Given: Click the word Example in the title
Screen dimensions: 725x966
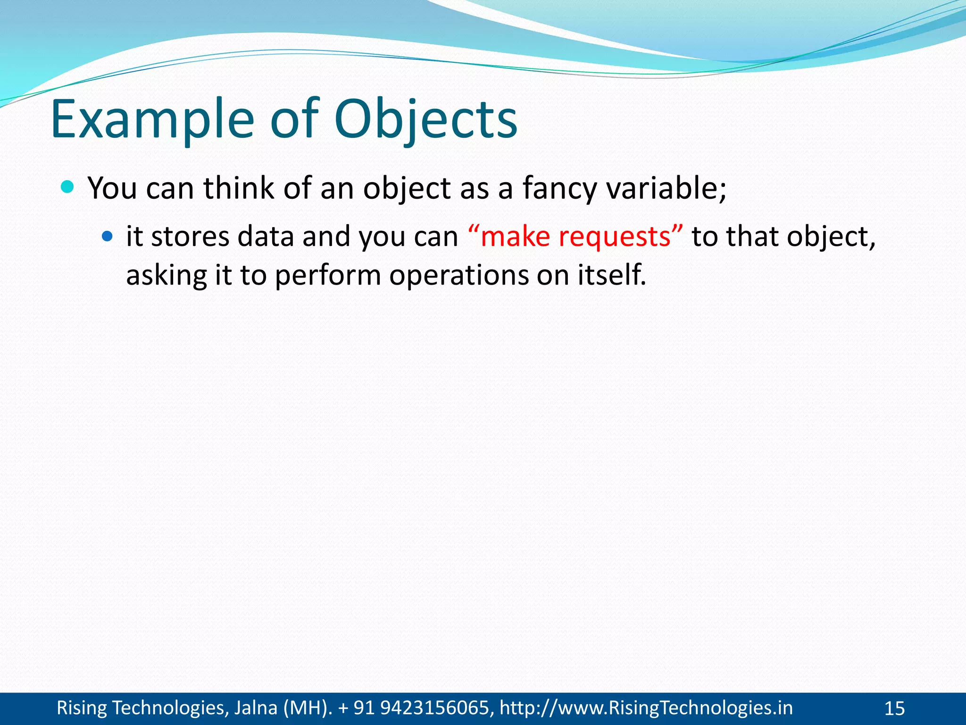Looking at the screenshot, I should click(152, 120).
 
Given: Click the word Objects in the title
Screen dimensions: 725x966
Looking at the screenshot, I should click(425, 120).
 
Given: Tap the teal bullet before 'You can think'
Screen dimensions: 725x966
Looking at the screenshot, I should click(68, 187).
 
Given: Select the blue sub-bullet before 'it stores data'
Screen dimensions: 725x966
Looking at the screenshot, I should click(108, 236).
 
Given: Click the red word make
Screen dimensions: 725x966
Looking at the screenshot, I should click(515, 236).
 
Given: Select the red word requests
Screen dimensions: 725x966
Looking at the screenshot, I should click(615, 237).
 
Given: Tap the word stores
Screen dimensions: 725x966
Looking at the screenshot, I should click(190, 236).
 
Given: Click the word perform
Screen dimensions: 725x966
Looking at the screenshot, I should click(328, 276).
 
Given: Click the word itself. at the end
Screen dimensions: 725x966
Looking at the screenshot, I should click(612, 275).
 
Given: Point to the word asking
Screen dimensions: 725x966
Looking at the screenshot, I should click(166, 276).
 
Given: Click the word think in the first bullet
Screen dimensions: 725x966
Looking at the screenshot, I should click(239, 188).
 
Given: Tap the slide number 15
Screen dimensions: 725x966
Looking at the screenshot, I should click(894, 708).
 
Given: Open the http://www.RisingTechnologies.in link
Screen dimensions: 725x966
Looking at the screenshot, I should click(646, 708).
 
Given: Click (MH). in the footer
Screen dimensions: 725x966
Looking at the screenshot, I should click(307, 708).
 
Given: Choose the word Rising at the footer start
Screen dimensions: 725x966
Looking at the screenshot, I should click(82, 708).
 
